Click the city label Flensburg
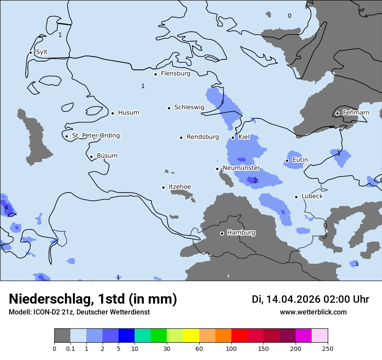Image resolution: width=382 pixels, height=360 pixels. (x=175, y=74)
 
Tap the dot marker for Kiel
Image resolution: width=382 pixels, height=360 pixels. (x=233, y=137)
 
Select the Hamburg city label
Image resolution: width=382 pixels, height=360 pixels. (x=241, y=233)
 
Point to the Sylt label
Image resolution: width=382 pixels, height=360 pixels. (x=42, y=52)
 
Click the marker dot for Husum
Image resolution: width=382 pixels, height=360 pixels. (x=112, y=113)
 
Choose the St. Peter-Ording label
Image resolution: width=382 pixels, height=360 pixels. (x=95, y=136)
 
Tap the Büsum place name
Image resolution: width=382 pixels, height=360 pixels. (x=107, y=156)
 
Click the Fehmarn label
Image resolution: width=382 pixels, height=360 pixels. (x=356, y=113)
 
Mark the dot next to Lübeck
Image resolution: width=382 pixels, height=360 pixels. (x=296, y=197)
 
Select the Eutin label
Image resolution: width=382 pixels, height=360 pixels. (x=300, y=160)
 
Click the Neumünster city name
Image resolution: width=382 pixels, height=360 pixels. (x=241, y=168)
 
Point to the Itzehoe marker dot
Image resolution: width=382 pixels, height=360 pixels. (x=164, y=187)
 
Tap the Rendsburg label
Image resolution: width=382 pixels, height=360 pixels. (x=203, y=137)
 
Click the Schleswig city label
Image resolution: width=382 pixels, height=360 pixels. (x=189, y=107)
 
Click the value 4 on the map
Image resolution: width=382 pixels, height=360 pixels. (x=6, y=208)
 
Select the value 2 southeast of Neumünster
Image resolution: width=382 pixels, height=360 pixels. (x=255, y=181)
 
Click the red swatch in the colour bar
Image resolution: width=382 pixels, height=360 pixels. (x=239, y=336)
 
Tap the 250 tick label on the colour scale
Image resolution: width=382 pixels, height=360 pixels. (x=328, y=348)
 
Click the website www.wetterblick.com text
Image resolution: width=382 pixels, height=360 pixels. (x=313, y=312)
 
